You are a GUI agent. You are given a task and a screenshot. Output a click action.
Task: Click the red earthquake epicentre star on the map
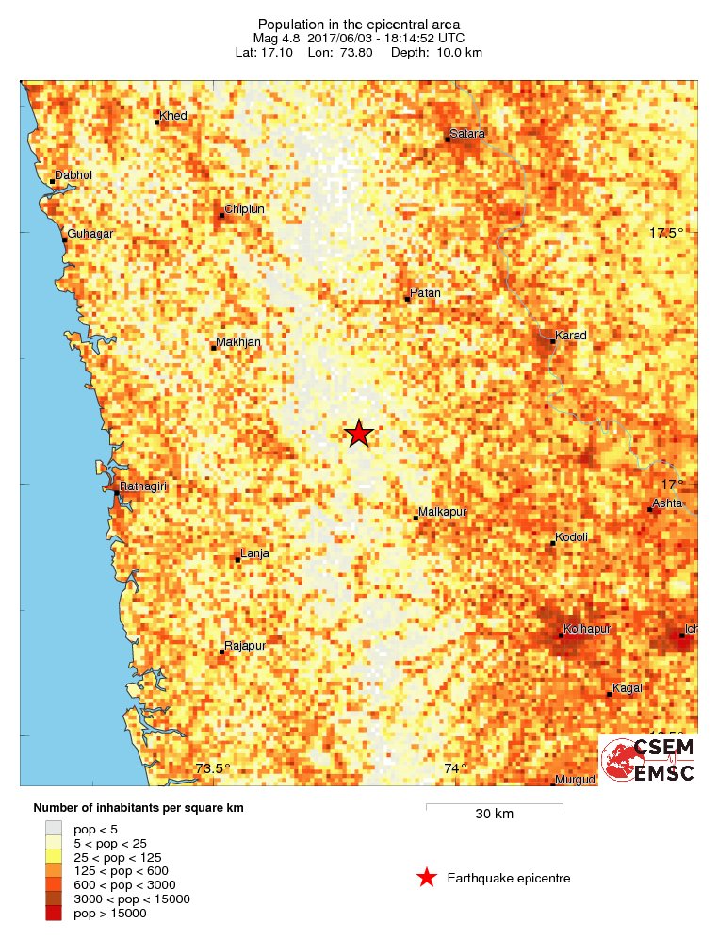click(x=358, y=434)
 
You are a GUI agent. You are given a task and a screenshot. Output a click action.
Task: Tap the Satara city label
click(x=467, y=134)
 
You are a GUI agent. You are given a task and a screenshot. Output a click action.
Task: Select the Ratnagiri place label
click(x=143, y=486)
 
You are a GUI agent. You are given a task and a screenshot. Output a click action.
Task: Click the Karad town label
click(x=572, y=336)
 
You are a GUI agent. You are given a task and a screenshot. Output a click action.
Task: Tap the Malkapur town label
click(x=443, y=512)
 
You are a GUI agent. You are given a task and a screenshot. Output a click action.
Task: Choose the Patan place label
click(x=425, y=293)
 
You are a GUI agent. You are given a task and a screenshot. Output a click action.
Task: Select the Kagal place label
click(x=627, y=688)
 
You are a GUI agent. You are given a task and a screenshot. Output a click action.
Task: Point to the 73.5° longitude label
click(x=213, y=768)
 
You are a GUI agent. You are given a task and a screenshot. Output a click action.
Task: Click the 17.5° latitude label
click(x=664, y=233)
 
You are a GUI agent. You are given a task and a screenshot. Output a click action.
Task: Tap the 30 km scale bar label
click(x=494, y=814)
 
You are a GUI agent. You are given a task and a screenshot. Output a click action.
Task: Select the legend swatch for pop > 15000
click(x=54, y=914)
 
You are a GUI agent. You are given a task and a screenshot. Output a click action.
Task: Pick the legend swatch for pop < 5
click(x=54, y=829)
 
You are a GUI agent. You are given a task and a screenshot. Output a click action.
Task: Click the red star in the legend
click(x=426, y=879)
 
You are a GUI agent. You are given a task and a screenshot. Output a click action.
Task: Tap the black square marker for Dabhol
click(x=52, y=182)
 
